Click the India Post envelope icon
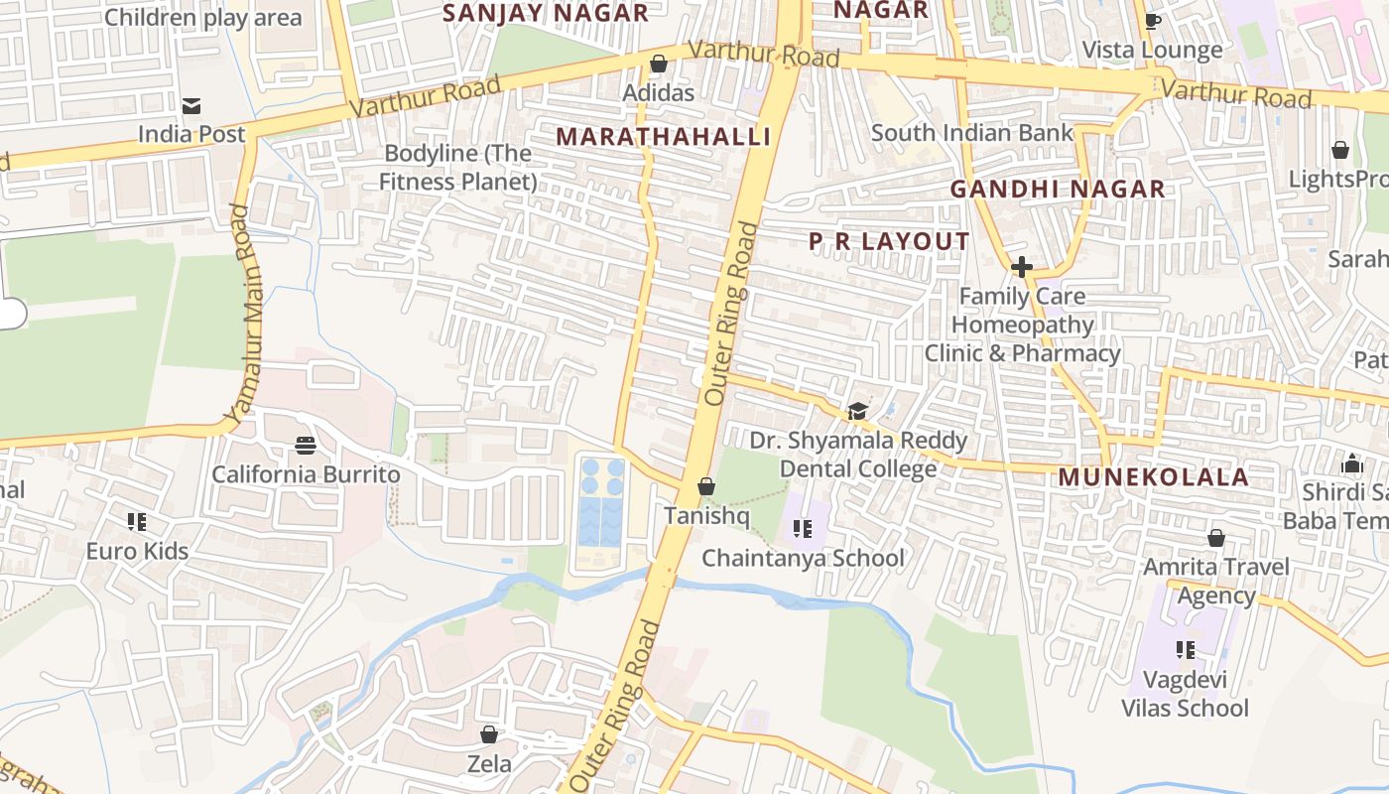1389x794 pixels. [x=191, y=106]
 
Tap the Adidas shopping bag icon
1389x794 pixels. [x=658, y=65]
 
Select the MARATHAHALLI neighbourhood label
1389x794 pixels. [x=663, y=137]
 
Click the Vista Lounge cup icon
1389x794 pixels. [x=1152, y=21]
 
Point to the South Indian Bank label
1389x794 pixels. [x=971, y=133]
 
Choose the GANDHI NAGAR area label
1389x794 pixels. [x=1057, y=189]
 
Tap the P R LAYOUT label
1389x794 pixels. [x=889, y=241]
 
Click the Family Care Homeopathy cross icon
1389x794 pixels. [x=1021, y=267]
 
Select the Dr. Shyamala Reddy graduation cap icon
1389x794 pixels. [x=857, y=411]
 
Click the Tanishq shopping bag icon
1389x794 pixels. [x=706, y=486]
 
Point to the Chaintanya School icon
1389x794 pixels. [x=803, y=529]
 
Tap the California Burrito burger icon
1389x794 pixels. [x=306, y=446]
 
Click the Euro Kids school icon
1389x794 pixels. [x=137, y=521]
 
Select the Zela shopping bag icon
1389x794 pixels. [x=489, y=734]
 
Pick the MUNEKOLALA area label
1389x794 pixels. [x=1153, y=476]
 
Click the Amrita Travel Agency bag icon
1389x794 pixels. [x=1216, y=538]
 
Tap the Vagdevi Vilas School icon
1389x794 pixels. [x=1185, y=650]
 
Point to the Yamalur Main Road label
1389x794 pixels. [x=239, y=312]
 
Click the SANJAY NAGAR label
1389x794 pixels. [x=545, y=13]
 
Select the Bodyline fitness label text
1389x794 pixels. [x=457, y=168]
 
